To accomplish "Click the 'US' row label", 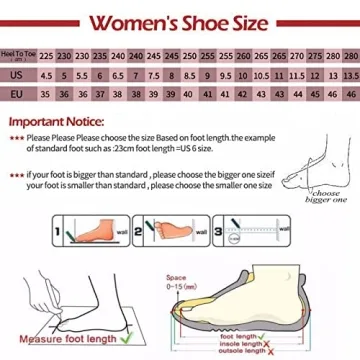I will (x=20, y=75).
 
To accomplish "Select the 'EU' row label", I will (x=20, y=95).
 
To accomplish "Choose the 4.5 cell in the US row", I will (x=46, y=75).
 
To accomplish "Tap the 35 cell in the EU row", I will (x=46, y=95).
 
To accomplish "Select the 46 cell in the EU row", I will (x=346, y=95).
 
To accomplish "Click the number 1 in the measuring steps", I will (x=58, y=235).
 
